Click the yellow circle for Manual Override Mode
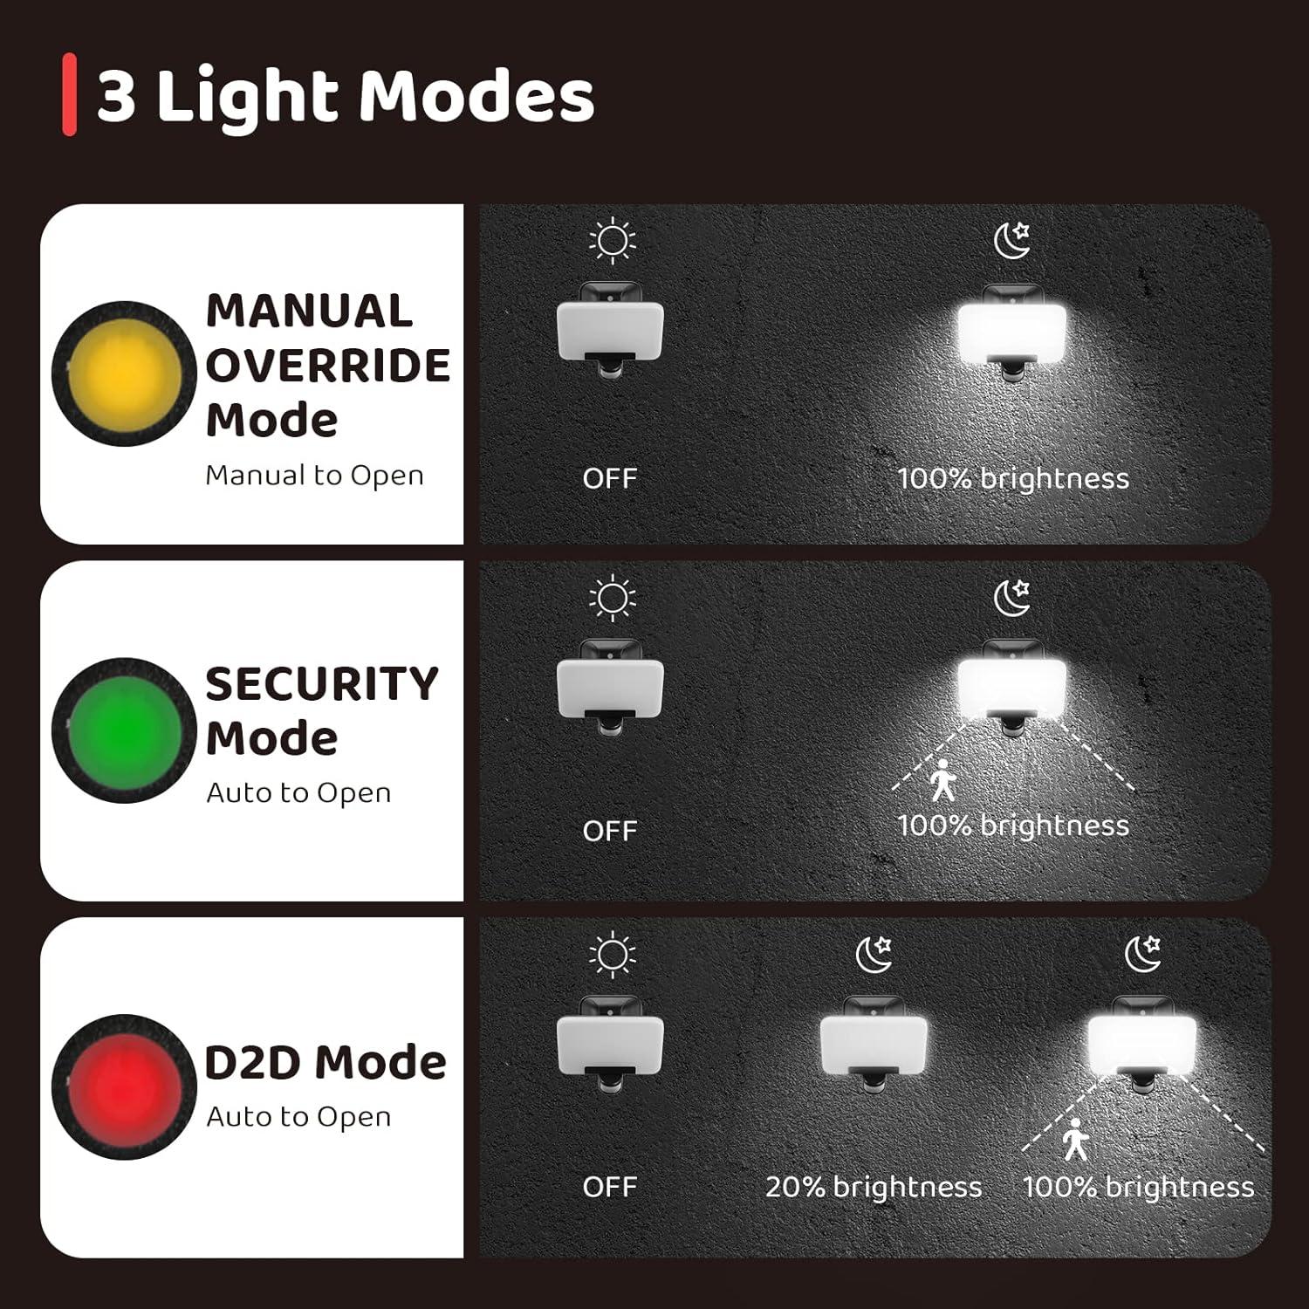click(x=124, y=373)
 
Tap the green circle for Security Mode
click(x=124, y=730)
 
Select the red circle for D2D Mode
click(x=124, y=1086)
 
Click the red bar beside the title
click(x=69, y=94)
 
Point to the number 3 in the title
click(x=116, y=95)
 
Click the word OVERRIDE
click(x=327, y=366)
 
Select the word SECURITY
click(x=321, y=683)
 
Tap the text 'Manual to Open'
click(x=314, y=476)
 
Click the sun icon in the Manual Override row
click(x=612, y=240)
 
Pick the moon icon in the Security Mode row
click(x=1012, y=598)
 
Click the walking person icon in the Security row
click(x=942, y=779)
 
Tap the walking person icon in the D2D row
click(x=1075, y=1139)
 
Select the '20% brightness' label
click(x=873, y=1187)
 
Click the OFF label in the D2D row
click(x=609, y=1187)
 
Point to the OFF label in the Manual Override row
click(x=609, y=478)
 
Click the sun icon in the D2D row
click(x=612, y=954)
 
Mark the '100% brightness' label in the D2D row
click(x=1138, y=1187)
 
